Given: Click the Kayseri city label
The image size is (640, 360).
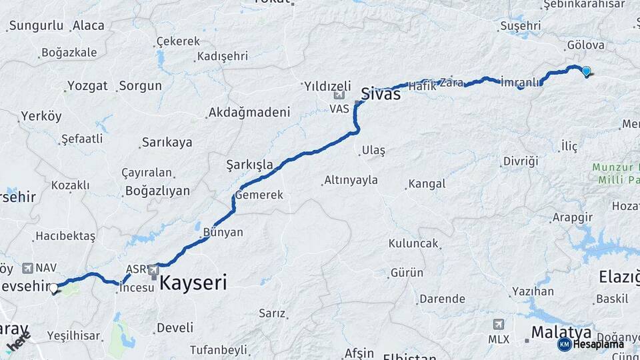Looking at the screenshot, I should pos(191,282).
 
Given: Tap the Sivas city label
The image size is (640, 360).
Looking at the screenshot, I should pos(381,93).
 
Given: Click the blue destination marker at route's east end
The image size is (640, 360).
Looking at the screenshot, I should pos(586,71).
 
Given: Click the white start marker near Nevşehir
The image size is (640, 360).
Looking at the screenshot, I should pos(54,289).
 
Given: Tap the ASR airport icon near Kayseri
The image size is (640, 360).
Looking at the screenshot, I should pos(154,270).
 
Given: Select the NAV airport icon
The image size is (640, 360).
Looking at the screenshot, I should pos(28,268).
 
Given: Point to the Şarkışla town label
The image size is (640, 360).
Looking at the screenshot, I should pos(249,164).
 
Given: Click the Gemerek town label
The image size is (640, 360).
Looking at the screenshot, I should pos(259,195).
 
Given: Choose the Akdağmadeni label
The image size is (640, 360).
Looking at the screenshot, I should pos(249,113).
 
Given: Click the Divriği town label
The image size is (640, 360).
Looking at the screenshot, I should pos(520,161).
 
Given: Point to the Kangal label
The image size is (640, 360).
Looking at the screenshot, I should pos(427,183).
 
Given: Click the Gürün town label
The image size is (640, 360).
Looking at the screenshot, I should pos(407,273).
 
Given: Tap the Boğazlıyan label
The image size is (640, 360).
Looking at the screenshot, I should pos(157,191).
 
